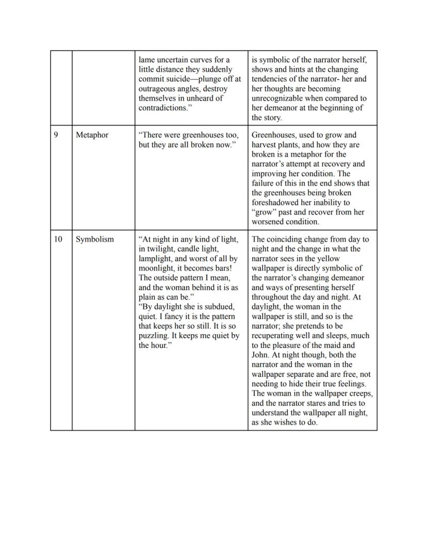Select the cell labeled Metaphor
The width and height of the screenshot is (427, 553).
coord(92,135)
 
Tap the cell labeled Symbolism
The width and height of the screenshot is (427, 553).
coord(95,240)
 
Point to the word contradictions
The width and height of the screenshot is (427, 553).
coord(162,108)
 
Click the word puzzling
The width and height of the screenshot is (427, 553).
coord(153,336)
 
